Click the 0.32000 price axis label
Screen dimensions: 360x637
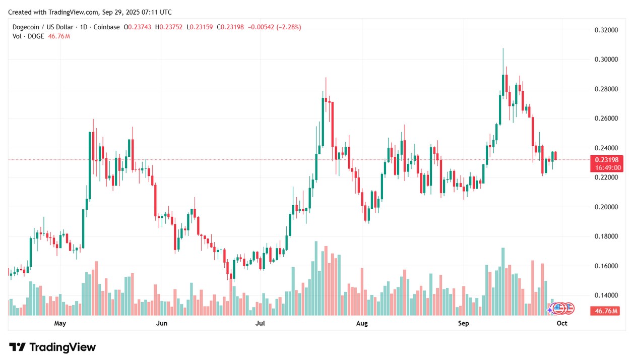tap(606, 30)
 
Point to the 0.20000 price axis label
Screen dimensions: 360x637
tap(606, 207)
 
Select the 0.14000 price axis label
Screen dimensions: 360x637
tap(606, 295)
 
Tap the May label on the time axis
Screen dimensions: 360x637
tap(60, 323)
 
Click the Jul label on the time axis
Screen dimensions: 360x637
tap(260, 323)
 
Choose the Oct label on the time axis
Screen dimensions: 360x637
tap(562, 323)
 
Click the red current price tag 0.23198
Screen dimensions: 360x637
tap(606, 160)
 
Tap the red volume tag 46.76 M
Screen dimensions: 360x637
tap(606, 311)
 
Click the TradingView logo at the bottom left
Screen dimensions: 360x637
tap(52, 347)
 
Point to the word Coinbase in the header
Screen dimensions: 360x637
tap(106, 27)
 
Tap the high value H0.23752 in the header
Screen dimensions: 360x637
tap(169, 27)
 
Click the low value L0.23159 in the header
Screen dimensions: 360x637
tap(200, 27)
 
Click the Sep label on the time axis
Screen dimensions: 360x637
tap(463, 323)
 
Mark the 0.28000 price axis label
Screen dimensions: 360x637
tap(606, 89)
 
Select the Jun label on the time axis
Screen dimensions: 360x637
tap(162, 323)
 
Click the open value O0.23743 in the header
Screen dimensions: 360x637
tap(138, 27)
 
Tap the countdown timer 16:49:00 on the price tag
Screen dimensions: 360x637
tap(607, 168)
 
